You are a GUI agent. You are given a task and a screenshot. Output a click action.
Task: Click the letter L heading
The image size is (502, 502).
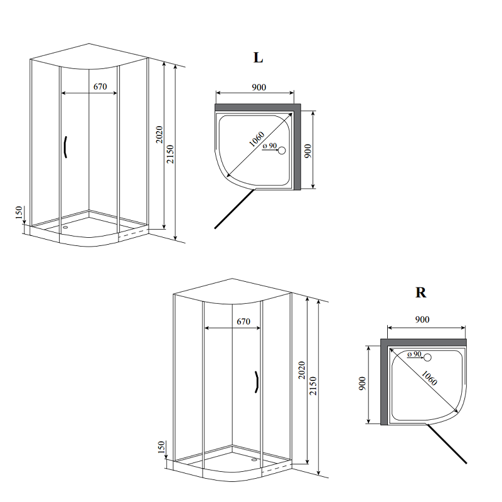point(258,58)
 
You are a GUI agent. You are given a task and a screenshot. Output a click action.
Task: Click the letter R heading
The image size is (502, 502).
point(420,292)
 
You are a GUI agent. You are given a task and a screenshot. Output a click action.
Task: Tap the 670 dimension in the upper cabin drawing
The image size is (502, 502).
point(100,87)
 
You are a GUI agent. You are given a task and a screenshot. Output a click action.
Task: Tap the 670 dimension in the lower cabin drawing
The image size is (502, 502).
point(243,321)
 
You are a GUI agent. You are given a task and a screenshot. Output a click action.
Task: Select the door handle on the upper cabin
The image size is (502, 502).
point(65,147)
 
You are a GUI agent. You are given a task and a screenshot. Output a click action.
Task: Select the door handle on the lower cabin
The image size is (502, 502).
point(257,382)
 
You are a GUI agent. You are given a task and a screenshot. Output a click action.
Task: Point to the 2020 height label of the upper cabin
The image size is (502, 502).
point(159,134)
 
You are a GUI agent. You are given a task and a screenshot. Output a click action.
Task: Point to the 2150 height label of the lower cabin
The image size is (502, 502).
point(312,386)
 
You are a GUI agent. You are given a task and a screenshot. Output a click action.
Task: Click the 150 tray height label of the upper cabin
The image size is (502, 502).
point(19,213)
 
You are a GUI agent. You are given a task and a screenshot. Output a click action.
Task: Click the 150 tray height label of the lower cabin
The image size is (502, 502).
point(161,447)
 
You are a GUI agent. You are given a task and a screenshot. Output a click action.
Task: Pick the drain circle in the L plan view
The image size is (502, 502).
point(282,151)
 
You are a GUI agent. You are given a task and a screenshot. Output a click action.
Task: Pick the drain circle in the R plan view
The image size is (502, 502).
point(427,358)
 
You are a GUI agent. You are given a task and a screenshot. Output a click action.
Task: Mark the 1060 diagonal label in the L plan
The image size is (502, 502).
point(257,139)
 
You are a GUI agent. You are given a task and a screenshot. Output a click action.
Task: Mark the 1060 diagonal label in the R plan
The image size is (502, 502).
point(429,378)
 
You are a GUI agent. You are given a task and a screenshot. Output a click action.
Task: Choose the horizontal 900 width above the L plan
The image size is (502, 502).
point(259,87)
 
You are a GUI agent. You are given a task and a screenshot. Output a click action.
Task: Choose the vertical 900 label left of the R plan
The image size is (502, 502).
point(362,383)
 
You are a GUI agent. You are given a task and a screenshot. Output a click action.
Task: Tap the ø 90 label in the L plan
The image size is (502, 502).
point(270,146)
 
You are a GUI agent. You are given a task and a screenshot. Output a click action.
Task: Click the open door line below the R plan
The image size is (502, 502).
point(446,444)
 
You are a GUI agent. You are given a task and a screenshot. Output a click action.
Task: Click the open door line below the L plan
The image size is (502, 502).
point(234,209)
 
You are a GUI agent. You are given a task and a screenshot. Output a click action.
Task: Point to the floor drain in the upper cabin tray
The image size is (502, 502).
point(66,227)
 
